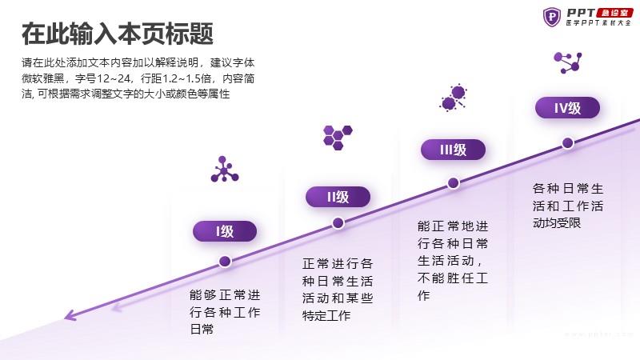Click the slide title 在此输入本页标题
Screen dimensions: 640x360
pos(118,34)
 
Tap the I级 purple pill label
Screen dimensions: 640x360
pos(225,231)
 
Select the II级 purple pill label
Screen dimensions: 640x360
pos(338,197)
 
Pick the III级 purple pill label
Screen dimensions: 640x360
pos(453,150)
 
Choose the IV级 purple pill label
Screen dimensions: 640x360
pos(567,108)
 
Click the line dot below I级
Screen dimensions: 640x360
pos(225,262)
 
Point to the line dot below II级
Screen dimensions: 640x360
pos(338,223)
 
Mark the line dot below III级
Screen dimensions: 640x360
pos(453,183)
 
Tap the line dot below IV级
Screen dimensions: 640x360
pos(568,143)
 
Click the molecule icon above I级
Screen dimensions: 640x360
pos(225,170)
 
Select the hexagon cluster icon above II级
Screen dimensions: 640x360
pos(338,138)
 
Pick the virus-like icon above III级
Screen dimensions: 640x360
pos(454,98)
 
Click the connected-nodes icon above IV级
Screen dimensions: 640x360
pos(568,62)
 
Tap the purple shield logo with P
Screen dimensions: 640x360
pos(552,17)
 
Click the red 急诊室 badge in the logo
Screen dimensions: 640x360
pos(614,13)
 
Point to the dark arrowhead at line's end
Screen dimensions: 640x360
pos(70,315)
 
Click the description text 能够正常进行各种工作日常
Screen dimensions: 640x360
pos(225,312)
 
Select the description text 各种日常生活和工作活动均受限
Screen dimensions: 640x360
pos(568,206)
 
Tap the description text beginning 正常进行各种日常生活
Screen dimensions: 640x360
pos(338,290)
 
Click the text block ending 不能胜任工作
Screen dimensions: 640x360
pos(453,261)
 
